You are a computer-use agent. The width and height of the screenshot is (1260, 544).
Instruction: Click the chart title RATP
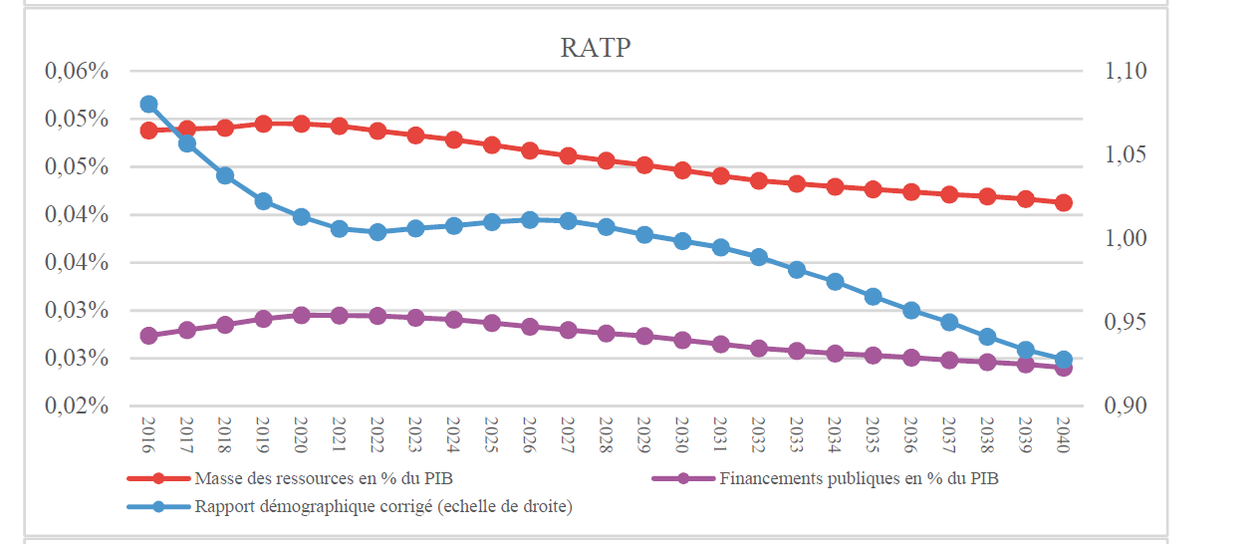point(596,47)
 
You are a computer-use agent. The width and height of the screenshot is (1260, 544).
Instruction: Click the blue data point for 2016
point(149,105)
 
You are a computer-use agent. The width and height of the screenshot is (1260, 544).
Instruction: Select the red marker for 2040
point(1063,202)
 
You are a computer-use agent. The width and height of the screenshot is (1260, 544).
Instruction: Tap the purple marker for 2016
point(149,336)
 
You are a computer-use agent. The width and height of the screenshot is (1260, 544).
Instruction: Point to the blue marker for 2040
point(1063,360)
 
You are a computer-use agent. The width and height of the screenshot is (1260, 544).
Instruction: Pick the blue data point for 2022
point(378,232)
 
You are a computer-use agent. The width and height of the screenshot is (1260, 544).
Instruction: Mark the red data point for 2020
point(301,124)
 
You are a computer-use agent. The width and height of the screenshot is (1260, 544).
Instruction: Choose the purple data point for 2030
point(682,340)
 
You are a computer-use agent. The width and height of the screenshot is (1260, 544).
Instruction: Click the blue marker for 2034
point(835,282)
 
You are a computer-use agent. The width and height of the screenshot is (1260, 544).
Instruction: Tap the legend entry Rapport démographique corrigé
point(383,507)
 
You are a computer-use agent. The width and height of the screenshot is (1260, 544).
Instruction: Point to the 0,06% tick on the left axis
point(76,72)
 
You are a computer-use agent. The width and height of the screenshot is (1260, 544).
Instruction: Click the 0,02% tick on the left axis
point(76,407)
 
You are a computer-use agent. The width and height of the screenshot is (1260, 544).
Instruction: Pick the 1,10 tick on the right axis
point(1125,72)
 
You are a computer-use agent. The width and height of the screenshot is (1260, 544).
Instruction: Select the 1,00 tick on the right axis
point(1125,239)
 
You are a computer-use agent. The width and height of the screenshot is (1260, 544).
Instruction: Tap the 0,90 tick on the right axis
point(1125,407)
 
